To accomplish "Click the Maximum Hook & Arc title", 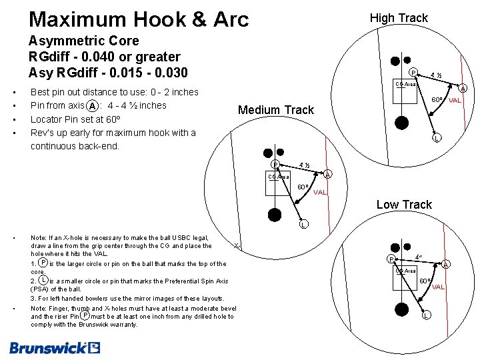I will click(x=139, y=19).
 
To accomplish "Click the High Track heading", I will click(x=399, y=18).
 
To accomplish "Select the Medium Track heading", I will click(x=275, y=110).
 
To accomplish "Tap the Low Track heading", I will click(x=404, y=205).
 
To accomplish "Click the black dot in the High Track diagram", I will click(x=401, y=122).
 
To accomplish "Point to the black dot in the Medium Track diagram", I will click(x=274, y=215).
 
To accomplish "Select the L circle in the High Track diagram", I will click(x=436, y=139).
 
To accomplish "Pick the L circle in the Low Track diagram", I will click(x=425, y=315).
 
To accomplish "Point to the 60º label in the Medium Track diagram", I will click(x=302, y=187).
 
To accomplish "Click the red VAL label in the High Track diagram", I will click(x=455, y=100).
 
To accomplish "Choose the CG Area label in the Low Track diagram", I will click(x=406, y=271).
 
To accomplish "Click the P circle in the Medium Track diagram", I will click(x=275, y=165).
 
